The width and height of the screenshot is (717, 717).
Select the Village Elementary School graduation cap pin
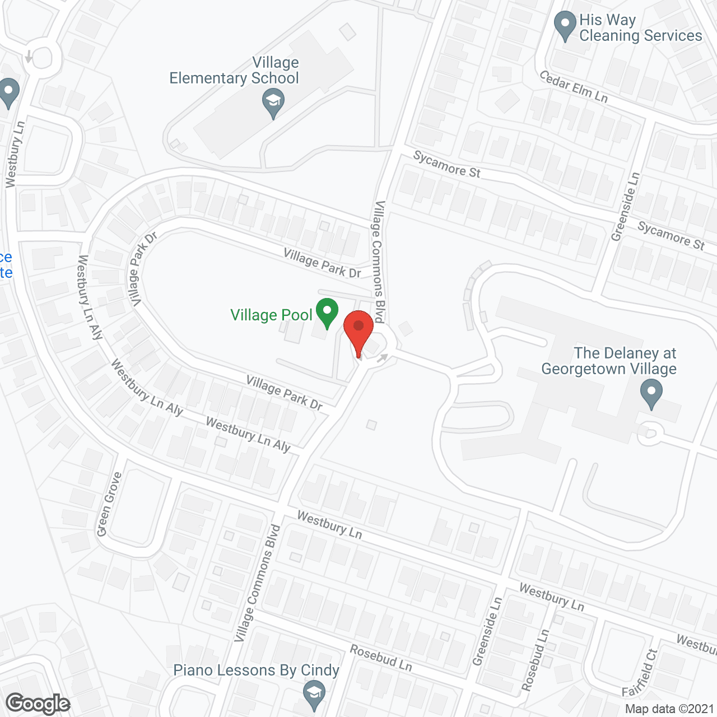point(273,103)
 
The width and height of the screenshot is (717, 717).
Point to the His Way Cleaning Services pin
point(565,25)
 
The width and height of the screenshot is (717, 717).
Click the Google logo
point(38,704)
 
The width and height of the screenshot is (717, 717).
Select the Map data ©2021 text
point(669,709)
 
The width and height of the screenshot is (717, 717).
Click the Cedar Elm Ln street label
point(574,86)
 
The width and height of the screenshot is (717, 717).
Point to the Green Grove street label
point(109,504)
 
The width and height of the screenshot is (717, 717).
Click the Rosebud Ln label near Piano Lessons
point(381,658)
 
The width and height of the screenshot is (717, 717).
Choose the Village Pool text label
point(271,315)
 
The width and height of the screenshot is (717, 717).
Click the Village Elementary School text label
point(235,71)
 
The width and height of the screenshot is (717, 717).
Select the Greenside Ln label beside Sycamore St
point(625,207)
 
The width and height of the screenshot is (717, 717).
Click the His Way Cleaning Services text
point(640,28)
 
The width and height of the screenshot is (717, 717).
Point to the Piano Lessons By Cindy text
point(256,671)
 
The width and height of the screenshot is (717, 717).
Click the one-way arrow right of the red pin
point(383,357)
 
